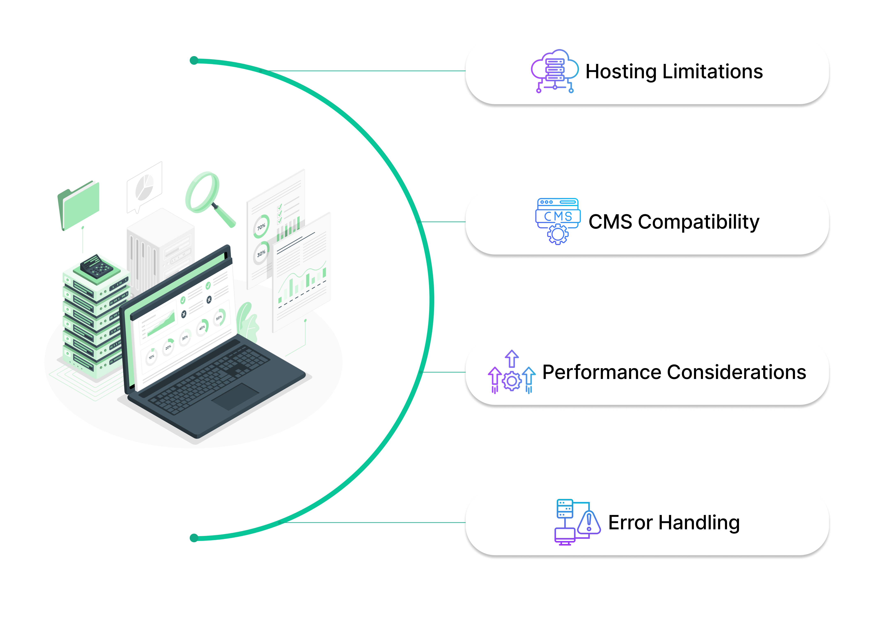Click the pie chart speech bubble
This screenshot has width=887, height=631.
pyautogui.click(x=145, y=187)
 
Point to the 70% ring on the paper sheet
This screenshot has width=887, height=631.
pyautogui.click(x=261, y=226)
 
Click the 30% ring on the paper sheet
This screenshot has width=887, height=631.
pyautogui.click(x=261, y=253)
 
